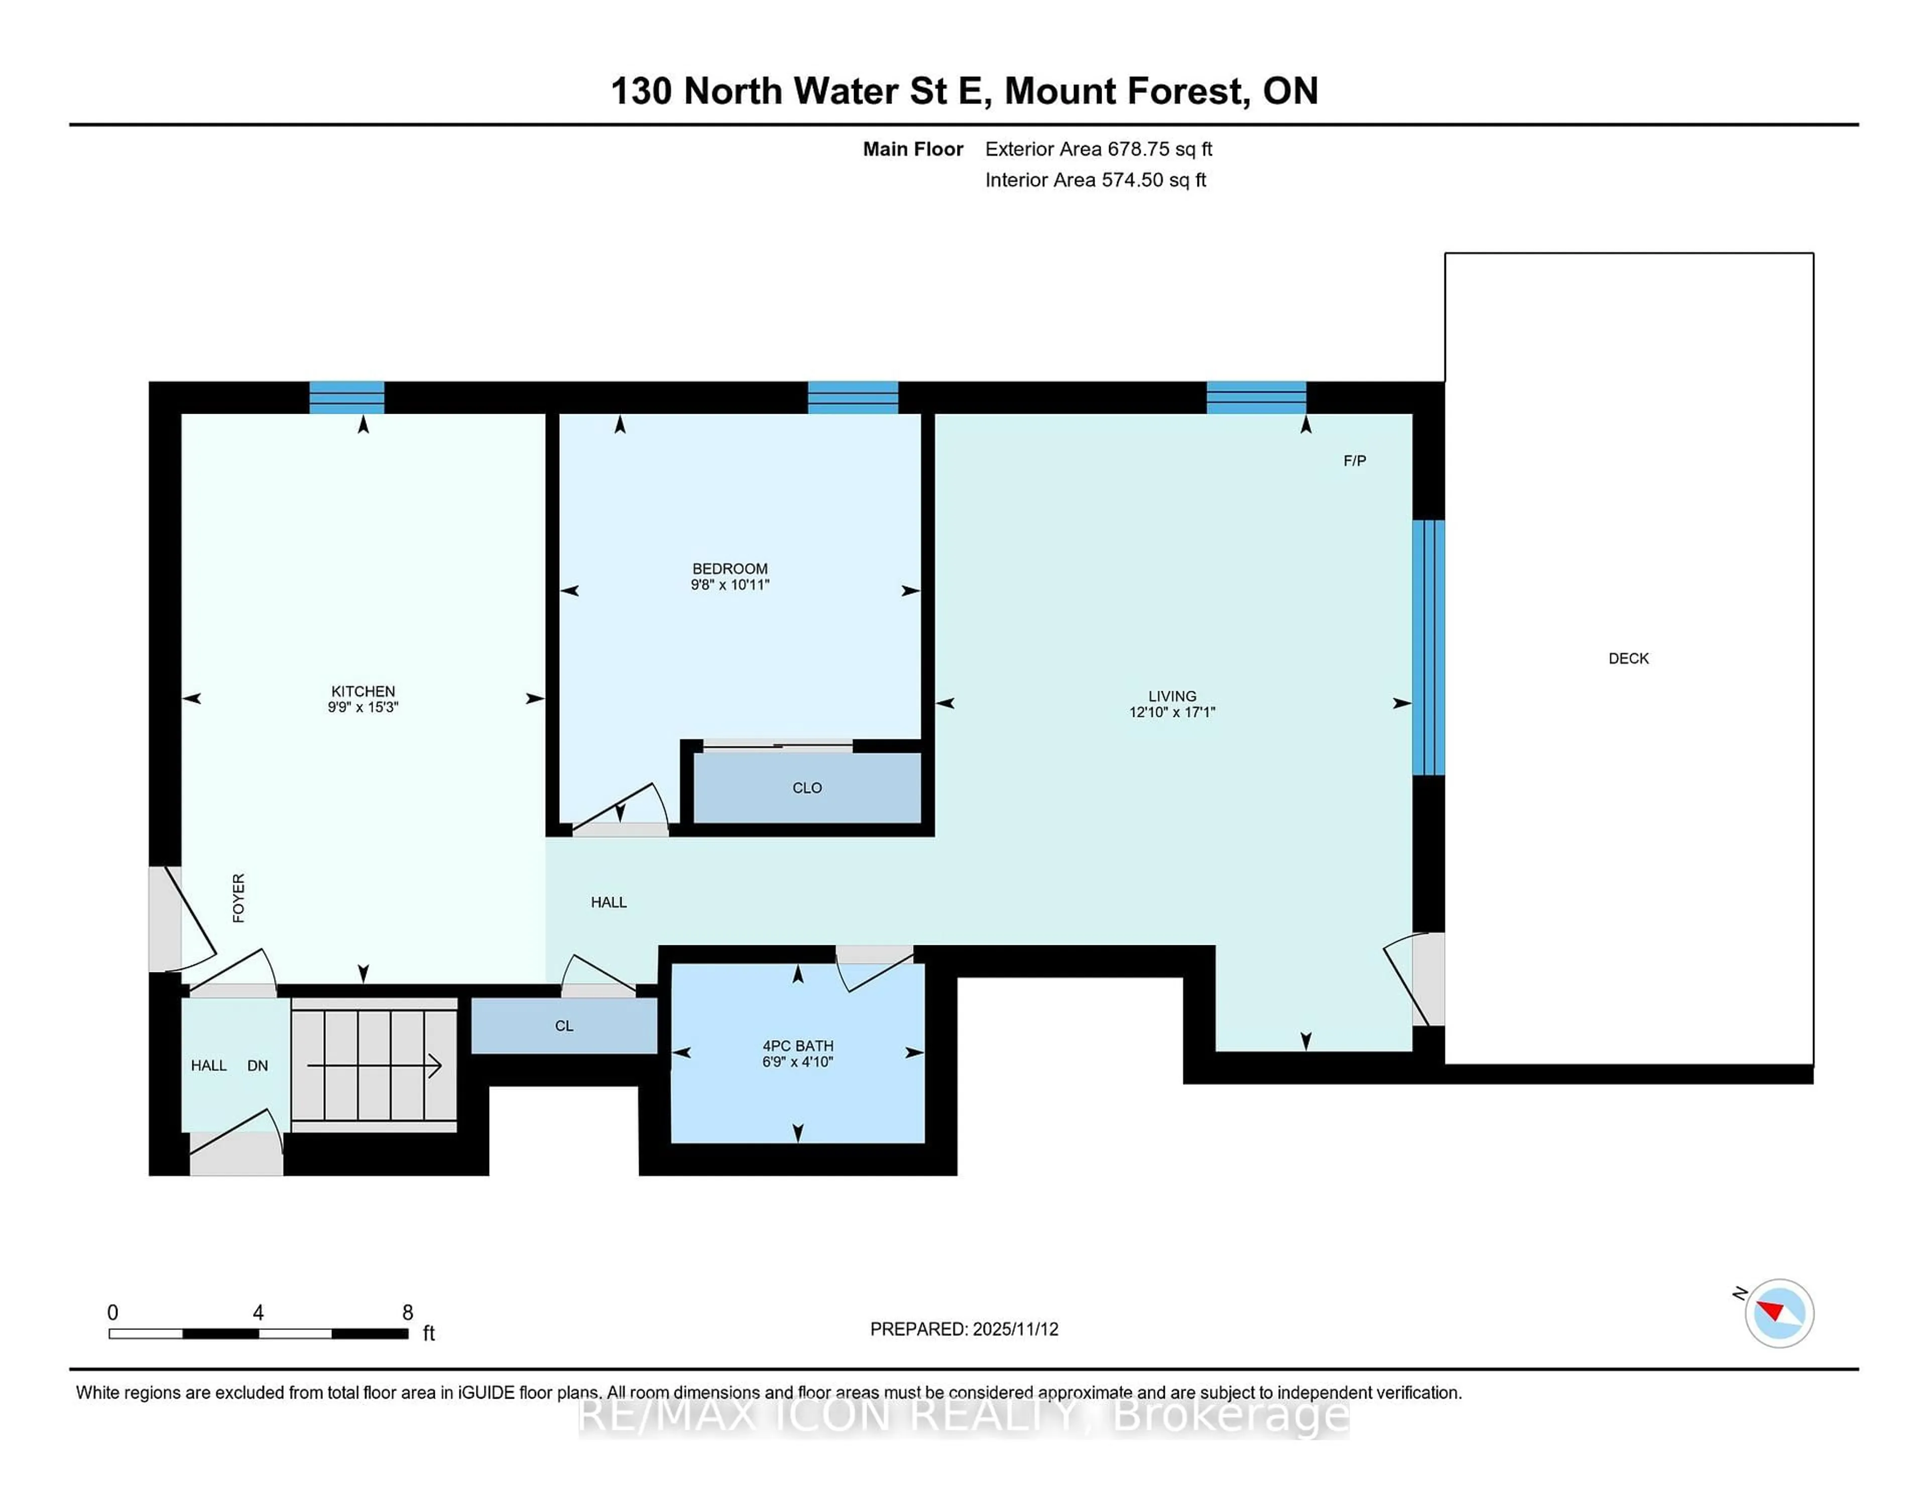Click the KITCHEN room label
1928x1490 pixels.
click(x=363, y=691)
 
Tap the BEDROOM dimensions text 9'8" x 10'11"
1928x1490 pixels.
click(x=730, y=584)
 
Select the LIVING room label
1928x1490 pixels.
click(x=1171, y=696)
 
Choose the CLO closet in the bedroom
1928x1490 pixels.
click(x=807, y=787)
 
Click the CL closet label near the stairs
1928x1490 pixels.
click(x=564, y=1026)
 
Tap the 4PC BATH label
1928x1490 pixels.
click(x=797, y=1045)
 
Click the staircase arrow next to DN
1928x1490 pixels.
click(x=375, y=1066)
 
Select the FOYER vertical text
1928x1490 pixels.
click(x=238, y=898)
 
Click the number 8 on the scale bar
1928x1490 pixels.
click(x=407, y=1313)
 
